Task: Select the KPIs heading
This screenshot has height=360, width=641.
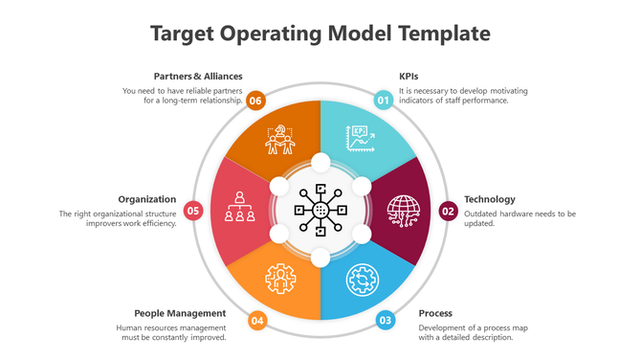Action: [409, 76]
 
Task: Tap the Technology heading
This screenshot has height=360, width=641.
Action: [490, 199]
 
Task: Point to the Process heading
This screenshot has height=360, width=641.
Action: [435, 313]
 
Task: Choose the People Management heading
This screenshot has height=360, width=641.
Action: [180, 313]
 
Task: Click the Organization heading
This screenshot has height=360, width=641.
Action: [146, 199]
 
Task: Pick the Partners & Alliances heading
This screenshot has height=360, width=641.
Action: [198, 76]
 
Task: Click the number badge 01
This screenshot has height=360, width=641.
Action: [383, 100]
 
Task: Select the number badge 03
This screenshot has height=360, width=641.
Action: [385, 321]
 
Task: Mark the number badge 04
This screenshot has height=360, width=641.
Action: [256, 321]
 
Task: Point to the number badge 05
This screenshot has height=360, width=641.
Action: [193, 211]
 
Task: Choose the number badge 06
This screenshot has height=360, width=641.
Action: [255, 100]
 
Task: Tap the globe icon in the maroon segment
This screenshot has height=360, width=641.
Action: [402, 210]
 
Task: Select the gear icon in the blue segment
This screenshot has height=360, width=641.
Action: [361, 279]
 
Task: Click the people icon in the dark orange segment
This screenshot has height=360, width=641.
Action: [280, 140]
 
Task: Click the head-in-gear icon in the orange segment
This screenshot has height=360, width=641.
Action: [280, 279]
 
